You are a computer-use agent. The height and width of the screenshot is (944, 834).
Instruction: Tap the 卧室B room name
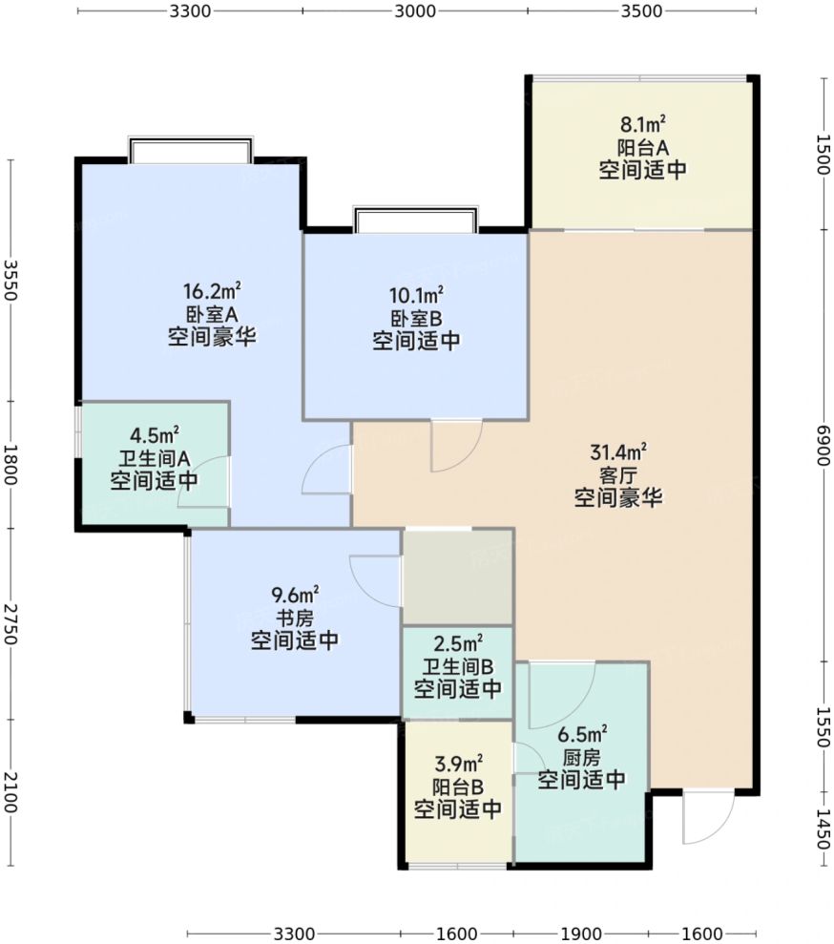coord(416,318)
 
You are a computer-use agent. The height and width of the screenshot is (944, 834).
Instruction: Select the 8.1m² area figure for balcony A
coord(642,125)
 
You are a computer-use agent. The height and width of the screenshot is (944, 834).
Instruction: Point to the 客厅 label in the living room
coord(618,475)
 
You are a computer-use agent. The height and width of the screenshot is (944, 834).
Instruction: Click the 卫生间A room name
coord(154,458)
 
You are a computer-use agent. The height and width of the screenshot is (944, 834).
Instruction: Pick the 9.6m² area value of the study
coord(295,595)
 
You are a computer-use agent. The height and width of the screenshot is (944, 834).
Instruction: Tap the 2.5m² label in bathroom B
coord(457,643)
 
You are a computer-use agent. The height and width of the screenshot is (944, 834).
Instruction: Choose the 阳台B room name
coord(457,787)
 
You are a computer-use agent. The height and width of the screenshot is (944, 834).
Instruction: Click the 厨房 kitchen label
coord(581,757)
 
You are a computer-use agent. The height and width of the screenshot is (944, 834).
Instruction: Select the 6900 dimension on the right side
coord(823,445)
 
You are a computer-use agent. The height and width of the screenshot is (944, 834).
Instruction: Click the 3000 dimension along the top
coord(414,10)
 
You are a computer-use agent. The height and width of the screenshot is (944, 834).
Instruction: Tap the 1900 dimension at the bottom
coord(581,934)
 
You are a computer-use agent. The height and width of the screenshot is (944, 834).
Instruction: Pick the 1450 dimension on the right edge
coord(823,829)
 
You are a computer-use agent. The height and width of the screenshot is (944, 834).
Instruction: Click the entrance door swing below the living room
coord(708,818)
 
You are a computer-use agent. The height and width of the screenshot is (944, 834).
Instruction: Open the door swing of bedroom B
coord(456,446)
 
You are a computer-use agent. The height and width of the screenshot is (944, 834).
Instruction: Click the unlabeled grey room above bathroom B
coord(457,577)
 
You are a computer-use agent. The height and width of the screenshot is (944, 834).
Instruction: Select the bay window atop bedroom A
coord(190,149)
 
